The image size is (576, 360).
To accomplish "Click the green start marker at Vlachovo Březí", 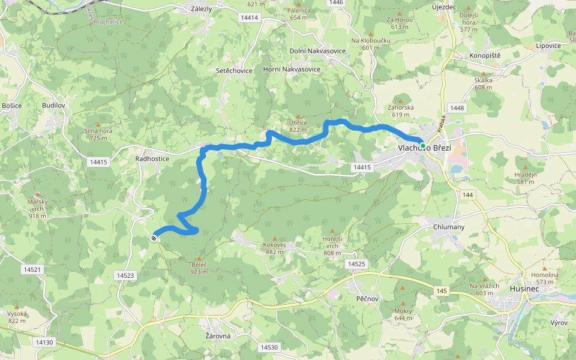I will [x=423, y=146].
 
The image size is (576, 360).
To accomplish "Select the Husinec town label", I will [x=524, y=288].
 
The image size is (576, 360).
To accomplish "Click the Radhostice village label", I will [x=152, y=159].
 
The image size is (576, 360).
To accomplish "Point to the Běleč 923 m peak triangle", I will [x=199, y=258].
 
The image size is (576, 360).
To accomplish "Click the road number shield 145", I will [x=442, y=291].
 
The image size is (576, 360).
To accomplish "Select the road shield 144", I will [x=468, y=195].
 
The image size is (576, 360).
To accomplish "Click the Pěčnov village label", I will [x=367, y=298].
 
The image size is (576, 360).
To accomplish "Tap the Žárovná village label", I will [x=218, y=336].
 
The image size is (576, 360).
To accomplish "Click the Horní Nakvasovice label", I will [x=292, y=70].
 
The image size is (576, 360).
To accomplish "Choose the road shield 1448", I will [x=457, y=108].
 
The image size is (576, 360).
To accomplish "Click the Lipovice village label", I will [x=548, y=46].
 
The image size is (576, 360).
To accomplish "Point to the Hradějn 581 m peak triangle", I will [x=526, y=167].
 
